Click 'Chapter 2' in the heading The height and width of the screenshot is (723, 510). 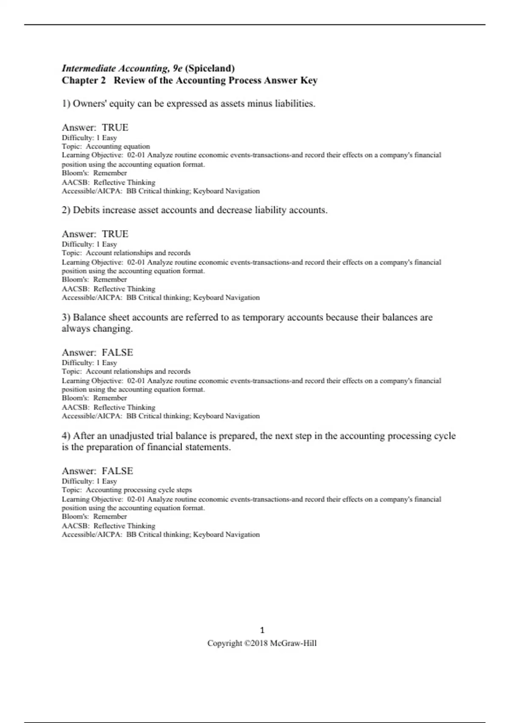click(x=84, y=80)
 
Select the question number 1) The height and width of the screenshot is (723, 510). click(x=66, y=104)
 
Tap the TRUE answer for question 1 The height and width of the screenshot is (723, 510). click(x=115, y=128)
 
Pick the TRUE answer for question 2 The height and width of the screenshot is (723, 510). click(x=115, y=234)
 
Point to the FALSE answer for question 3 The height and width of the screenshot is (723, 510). click(x=117, y=353)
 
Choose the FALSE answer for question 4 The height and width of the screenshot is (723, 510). click(x=117, y=471)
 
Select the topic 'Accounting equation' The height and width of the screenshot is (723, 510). click(x=118, y=146)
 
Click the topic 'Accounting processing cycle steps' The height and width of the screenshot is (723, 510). click(x=139, y=490)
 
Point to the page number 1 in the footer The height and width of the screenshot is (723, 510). click(x=262, y=630)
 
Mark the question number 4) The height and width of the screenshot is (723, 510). click(x=66, y=436)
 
